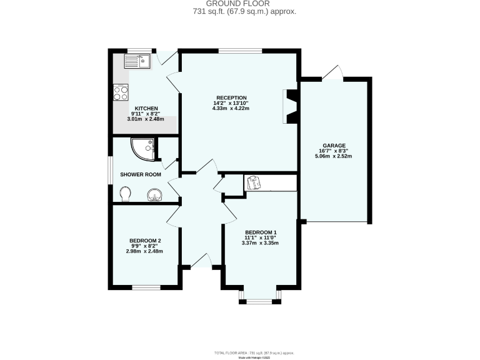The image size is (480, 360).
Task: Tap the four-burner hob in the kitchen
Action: [x=121, y=92]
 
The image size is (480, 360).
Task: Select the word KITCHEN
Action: [x=146, y=108]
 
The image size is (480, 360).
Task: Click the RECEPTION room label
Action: [x=231, y=97]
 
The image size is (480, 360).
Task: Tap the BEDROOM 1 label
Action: [x=261, y=232]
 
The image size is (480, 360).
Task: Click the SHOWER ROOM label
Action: [x=141, y=175]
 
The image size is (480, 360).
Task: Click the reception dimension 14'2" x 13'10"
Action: [x=231, y=103]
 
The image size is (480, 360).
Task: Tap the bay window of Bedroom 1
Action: [x=259, y=298]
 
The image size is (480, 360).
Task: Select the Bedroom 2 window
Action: [x=145, y=287]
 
